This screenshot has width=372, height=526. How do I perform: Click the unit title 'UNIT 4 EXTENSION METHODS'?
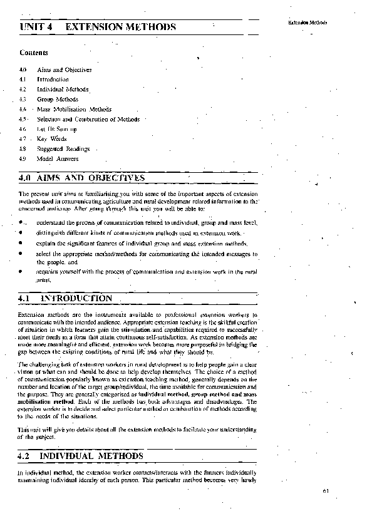[x=97, y=27]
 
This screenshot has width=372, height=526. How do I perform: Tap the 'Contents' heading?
[x=34, y=53]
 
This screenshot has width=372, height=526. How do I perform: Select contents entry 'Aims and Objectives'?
[x=65, y=70]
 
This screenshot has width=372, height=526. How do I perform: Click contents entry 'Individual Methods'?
[x=63, y=90]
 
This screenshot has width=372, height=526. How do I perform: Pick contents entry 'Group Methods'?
[x=58, y=99]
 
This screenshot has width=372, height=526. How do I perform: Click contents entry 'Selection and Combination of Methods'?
[x=88, y=119]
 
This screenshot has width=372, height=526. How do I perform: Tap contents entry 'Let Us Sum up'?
[x=57, y=129]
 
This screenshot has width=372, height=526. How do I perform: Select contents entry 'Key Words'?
[x=51, y=139]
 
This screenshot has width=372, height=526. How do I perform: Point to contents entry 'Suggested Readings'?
[x=63, y=149]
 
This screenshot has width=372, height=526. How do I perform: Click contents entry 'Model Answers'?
[x=58, y=159]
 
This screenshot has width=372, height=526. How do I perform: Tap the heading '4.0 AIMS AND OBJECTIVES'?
[x=82, y=178]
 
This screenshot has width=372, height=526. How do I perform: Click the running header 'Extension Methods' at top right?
[x=307, y=23]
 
